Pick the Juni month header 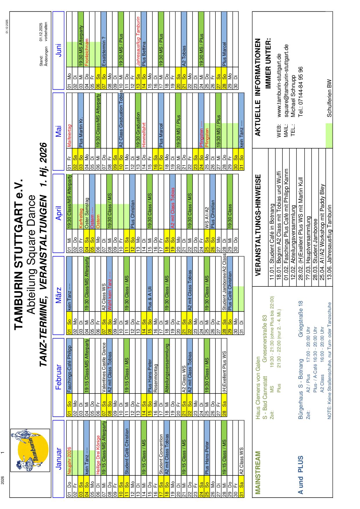pyautogui.click(x=58, y=50)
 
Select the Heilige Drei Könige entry pyautogui.click(x=98, y=456)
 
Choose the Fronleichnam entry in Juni pyautogui.click(x=87, y=53)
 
